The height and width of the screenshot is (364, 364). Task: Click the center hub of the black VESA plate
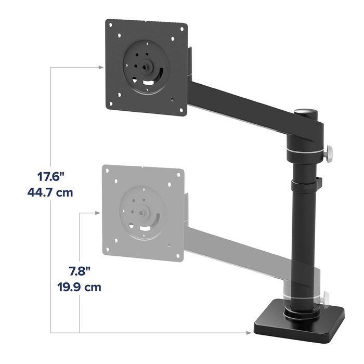(x=144, y=67)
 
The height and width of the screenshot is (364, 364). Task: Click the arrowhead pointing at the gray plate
(x=97, y=212)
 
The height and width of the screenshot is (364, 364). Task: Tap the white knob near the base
(x=327, y=298)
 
